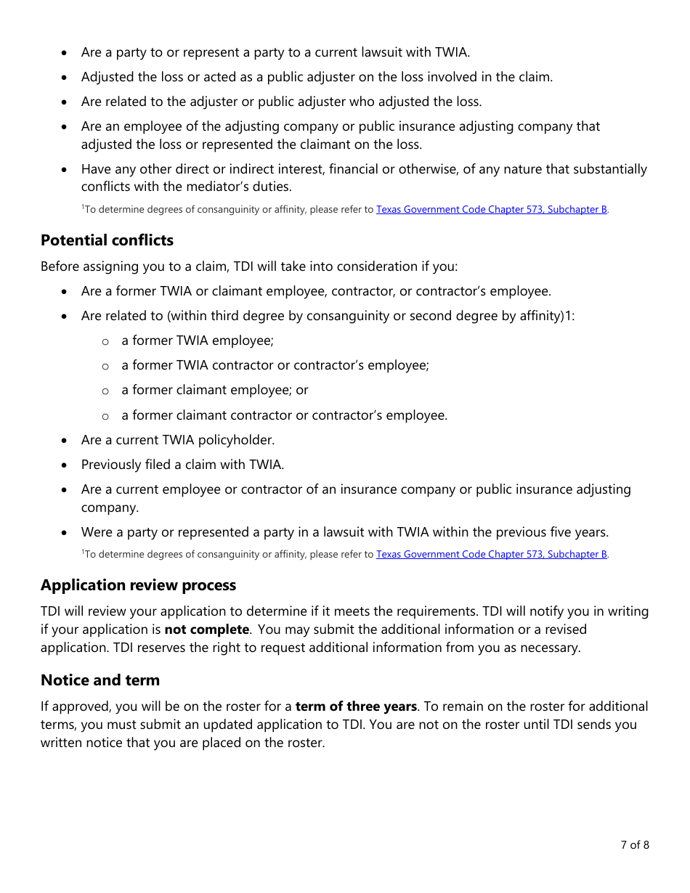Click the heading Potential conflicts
click(x=107, y=240)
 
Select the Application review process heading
click(x=138, y=585)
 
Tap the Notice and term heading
click(x=100, y=680)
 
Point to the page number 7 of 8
click(x=634, y=844)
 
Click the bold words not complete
click(x=206, y=629)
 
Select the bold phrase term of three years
click(x=356, y=706)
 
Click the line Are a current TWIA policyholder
click(x=177, y=440)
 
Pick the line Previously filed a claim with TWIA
click(x=182, y=465)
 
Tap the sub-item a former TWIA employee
click(x=197, y=341)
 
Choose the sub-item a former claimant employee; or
click(x=214, y=390)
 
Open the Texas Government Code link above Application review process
click(x=491, y=555)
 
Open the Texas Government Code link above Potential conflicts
click(x=491, y=210)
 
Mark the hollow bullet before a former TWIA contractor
click(x=105, y=367)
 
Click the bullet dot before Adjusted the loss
click(x=65, y=78)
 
